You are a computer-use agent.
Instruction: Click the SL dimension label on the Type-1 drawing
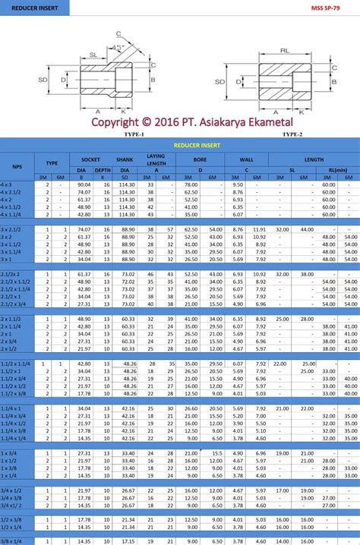[92, 55]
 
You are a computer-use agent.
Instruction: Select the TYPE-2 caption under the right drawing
[292, 134]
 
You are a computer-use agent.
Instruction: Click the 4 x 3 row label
[8, 184]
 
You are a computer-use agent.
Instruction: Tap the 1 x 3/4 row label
[9, 453]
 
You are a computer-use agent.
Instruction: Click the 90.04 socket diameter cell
[84, 184]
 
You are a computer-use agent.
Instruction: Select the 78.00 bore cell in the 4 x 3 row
[190, 184]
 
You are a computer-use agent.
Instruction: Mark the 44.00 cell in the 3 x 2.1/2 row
[306, 228]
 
